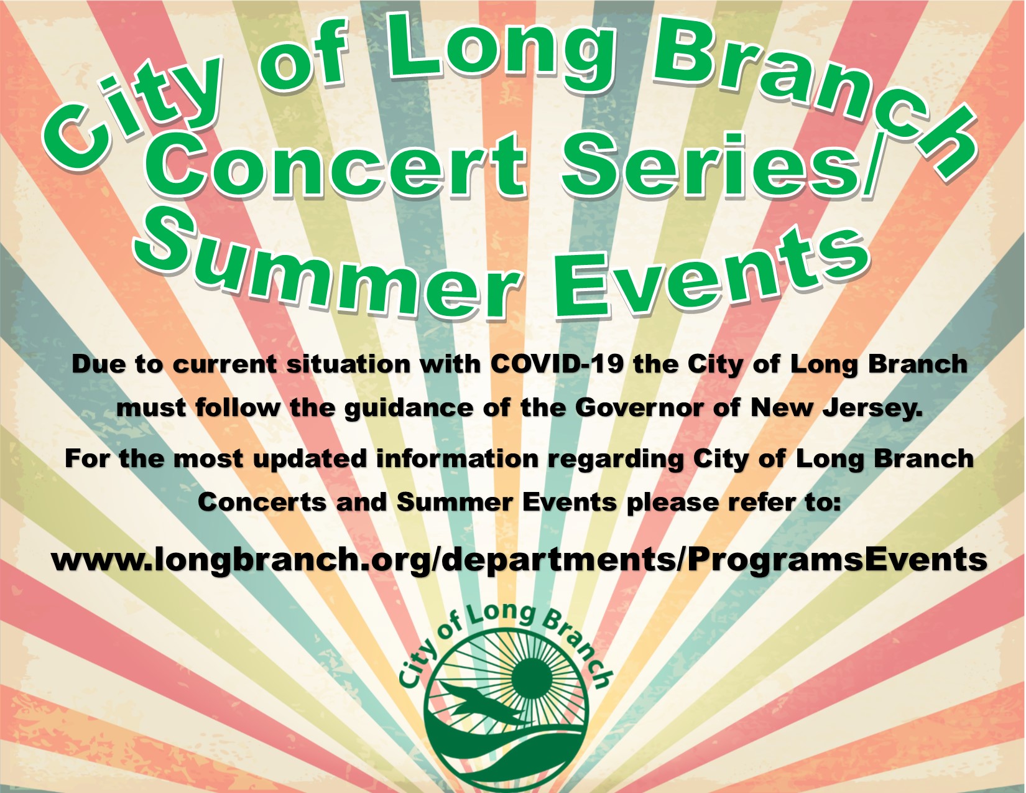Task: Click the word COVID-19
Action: click(x=556, y=364)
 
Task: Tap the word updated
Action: click(x=310, y=459)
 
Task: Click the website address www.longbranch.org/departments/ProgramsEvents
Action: click(x=519, y=560)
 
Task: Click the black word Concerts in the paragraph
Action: click(x=262, y=501)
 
